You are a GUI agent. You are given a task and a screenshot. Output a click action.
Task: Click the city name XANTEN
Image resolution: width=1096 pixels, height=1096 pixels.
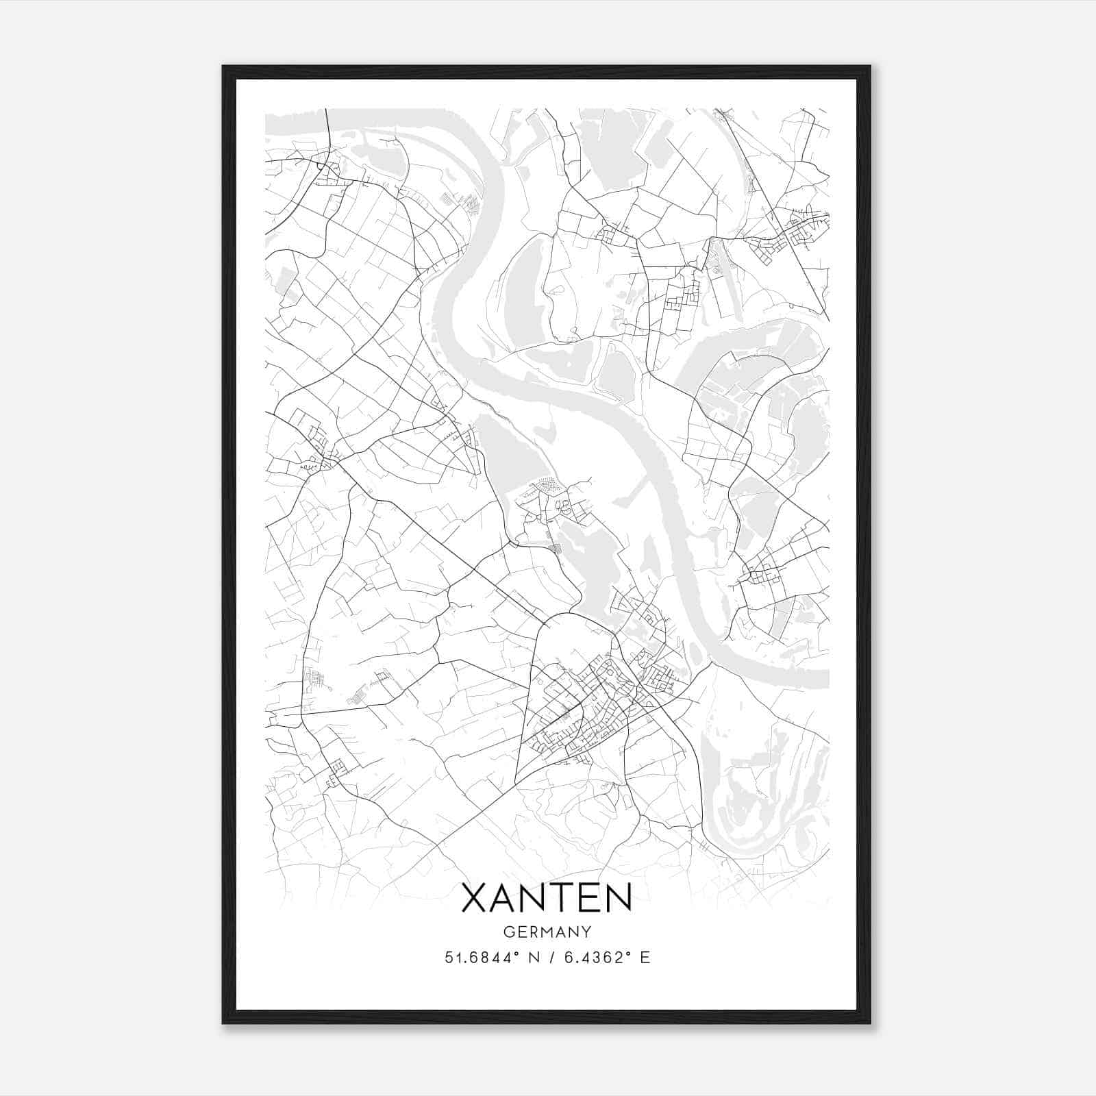click(547, 898)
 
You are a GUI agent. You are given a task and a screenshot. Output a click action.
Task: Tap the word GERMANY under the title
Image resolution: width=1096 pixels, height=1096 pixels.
click(547, 932)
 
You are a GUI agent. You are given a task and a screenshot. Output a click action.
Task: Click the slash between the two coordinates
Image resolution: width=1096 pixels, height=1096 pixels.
click(551, 958)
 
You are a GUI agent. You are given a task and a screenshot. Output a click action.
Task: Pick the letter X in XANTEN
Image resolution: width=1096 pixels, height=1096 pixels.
click(475, 898)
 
